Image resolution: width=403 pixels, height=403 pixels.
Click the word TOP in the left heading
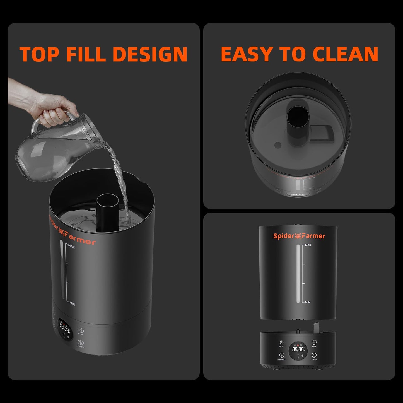pos(39,54)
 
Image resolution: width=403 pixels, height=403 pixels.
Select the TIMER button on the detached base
pos(314,355)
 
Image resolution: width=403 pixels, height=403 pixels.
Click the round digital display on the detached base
pos(298,350)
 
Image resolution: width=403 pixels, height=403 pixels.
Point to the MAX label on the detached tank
pos(308,245)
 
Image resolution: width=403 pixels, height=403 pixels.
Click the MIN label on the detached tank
pos(307,302)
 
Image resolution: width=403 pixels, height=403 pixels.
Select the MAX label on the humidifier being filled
pos(71,247)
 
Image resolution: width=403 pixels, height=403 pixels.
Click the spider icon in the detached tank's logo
pos(298,236)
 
